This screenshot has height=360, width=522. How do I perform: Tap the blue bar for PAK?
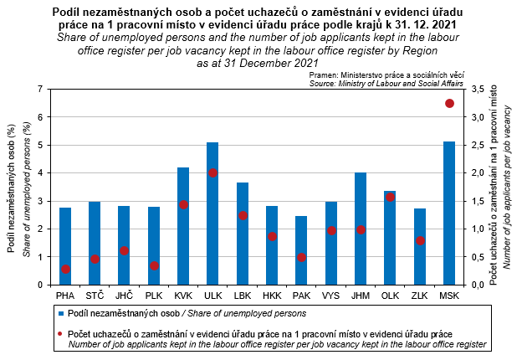click(x=301, y=250)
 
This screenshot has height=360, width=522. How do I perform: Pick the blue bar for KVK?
click(x=183, y=226)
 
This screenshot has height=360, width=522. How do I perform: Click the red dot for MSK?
click(x=449, y=103)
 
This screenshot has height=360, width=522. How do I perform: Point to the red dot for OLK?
click(x=390, y=198)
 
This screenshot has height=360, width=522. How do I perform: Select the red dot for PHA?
click(x=65, y=269)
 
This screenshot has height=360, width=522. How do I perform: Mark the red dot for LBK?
click(x=243, y=215)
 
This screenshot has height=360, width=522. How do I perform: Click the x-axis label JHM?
click(x=361, y=296)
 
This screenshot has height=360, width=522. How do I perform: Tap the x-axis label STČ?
click(x=95, y=296)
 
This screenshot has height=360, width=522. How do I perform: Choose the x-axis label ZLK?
click(x=420, y=296)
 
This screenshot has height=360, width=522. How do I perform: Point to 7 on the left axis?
click(x=43, y=89)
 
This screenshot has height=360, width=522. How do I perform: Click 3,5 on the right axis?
click(x=479, y=89)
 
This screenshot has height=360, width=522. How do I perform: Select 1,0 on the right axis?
click(x=479, y=229)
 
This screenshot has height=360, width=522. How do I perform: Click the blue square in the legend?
click(x=62, y=313)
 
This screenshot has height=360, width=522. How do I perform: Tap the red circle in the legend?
click(x=62, y=334)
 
